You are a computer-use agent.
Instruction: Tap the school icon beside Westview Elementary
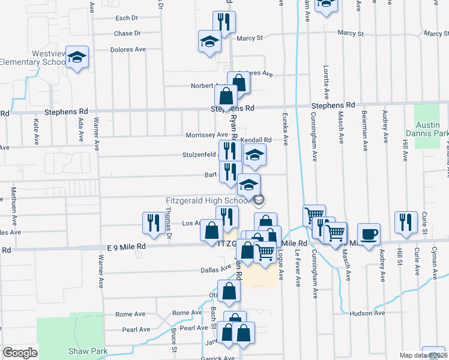click(x=77, y=58)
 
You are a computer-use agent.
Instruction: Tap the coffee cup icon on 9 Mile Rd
click(x=368, y=234)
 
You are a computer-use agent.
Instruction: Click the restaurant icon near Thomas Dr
click(x=151, y=223)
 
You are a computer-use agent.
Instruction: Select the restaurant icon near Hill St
click(x=406, y=222)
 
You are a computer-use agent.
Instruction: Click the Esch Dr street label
click(x=127, y=18)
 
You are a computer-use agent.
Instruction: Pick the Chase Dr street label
click(x=127, y=34)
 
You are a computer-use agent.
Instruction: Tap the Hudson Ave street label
click(x=371, y=313)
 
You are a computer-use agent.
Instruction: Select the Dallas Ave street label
click(x=215, y=270)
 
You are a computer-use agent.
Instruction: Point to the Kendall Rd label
click(x=256, y=140)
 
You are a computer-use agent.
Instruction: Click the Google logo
click(x=20, y=352)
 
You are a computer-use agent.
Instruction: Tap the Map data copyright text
click(x=424, y=355)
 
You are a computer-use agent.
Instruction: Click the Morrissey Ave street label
click(x=206, y=135)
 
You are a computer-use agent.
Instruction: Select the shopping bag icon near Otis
click(x=229, y=291)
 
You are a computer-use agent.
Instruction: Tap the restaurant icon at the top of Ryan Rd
click(x=224, y=23)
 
